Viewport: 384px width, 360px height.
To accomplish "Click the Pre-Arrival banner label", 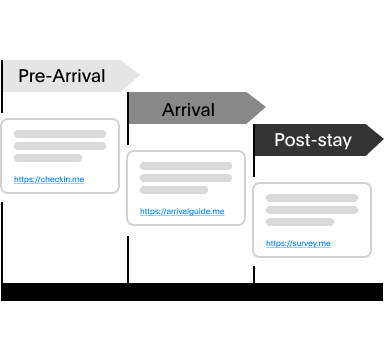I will pyautogui.click(x=62, y=76).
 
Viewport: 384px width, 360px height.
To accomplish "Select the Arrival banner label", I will pyautogui.click(x=188, y=109).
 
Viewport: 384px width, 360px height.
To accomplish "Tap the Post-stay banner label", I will pyautogui.click(x=312, y=140).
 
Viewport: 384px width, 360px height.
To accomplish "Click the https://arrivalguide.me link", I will pyautogui.click(x=182, y=212).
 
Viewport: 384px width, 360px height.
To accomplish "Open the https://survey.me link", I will pyautogui.click(x=298, y=243).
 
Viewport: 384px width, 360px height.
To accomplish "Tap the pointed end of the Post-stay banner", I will pyautogui.click(x=381, y=140).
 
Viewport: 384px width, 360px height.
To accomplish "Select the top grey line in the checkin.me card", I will pyautogui.click(x=60, y=134).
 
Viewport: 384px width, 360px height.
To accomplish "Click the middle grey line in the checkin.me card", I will pyautogui.click(x=60, y=146).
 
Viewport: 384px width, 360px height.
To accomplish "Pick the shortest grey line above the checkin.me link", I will pyautogui.click(x=48, y=158).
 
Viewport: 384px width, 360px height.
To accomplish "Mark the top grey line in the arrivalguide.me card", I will pyautogui.click(x=186, y=166).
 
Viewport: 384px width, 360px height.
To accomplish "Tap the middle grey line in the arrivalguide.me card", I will pyautogui.click(x=186, y=178).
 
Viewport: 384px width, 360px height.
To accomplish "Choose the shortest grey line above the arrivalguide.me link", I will pyautogui.click(x=174, y=190).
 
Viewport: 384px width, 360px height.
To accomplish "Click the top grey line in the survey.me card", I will pyautogui.click(x=312, y=198).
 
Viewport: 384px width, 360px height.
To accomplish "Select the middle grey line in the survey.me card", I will pyautogui.click(x=312, y=210).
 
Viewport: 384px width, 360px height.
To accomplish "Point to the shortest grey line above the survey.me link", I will pyautogui.click(x=300, y=222).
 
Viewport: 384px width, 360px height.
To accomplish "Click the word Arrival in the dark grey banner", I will pyautogui.click(x=188, y=109).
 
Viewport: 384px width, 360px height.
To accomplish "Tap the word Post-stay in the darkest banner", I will pyautogui.click(x=312, y=140).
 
